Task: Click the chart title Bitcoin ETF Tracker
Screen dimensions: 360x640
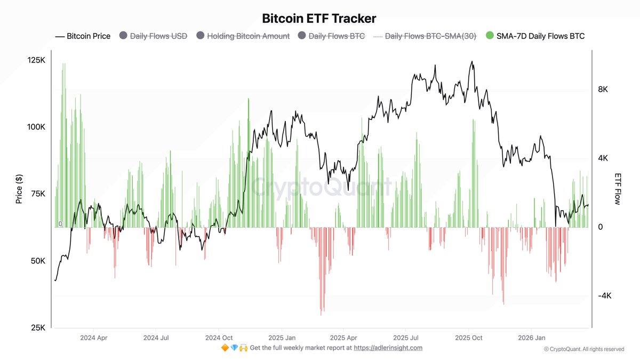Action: [x=319, y=18]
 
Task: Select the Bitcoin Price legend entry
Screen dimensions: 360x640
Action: [x=83, y=36]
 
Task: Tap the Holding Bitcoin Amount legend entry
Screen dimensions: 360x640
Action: [x=243, y=36]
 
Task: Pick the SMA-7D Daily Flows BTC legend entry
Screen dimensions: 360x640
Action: [x=535, y=36]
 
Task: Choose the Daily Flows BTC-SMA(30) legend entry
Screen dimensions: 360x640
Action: [x=424, y=36]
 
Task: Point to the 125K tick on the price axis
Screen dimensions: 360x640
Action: [x=36, y=60]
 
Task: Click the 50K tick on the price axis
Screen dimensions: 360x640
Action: [x=38, y=261]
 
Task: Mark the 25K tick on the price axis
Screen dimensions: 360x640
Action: [x=38, y=327]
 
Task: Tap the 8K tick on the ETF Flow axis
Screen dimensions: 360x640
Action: [x=603, y=90]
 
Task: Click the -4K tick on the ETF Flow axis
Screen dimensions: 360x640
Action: [x=604, y=296]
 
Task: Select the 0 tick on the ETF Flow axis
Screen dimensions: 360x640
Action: [x=601, y=227]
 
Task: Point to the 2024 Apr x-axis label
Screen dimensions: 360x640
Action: [x=93, y=338]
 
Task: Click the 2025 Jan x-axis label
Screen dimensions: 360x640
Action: [x=282, y=338]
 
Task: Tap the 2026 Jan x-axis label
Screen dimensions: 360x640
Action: [x=532, y=338]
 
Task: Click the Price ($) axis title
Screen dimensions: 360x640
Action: [x=19, y=189]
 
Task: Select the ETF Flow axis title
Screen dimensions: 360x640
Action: [x=618, y=189]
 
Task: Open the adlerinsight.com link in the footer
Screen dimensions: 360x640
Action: [x=388, y=348]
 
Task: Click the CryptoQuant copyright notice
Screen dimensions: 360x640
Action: [x=583, y=349]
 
